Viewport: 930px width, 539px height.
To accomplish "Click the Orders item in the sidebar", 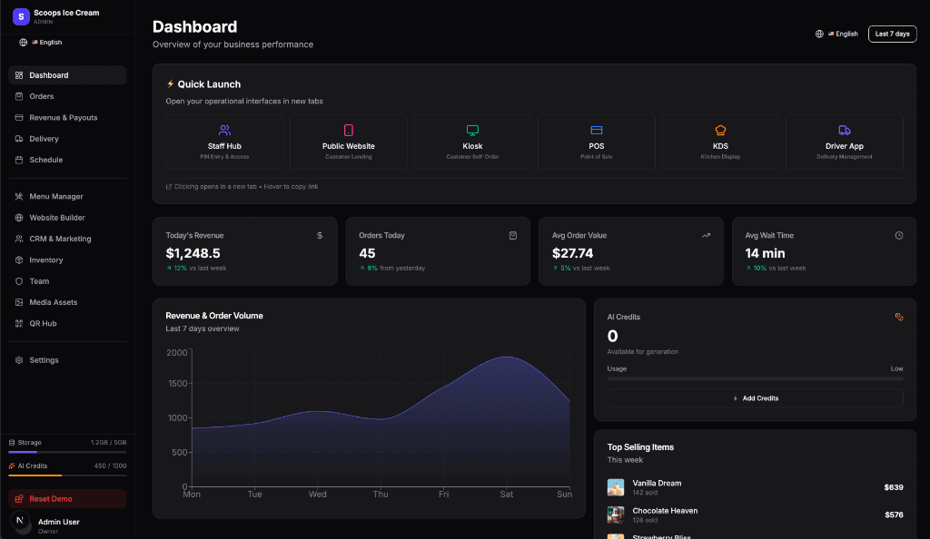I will (41, 96).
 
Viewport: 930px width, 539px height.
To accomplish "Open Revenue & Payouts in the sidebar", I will (63, 117).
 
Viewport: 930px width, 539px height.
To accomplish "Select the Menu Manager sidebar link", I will (55, 196).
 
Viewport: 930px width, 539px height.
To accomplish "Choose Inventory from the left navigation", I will (45, 260).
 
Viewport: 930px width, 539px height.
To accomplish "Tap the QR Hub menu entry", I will (43, 323).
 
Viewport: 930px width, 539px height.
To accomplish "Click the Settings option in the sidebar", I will (44, 360).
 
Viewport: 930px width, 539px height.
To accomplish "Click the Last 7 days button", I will (892, 34).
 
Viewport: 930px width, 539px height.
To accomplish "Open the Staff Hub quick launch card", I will (224, 142).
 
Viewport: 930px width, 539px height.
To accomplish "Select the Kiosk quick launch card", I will (472, 142).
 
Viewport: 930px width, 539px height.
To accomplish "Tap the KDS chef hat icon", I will (720, 131).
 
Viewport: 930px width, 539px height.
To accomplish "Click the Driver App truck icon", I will (844, 131).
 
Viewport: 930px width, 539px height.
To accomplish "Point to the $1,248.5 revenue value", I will (193, 253).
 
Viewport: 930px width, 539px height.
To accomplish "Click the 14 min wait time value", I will (765, 253).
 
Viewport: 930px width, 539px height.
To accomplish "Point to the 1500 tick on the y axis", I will (177, 384).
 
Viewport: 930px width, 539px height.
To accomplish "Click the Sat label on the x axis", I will (507, 495).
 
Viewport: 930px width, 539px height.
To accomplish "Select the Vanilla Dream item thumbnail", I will (616, 487).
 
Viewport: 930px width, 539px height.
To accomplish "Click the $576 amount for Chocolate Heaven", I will (894, 514).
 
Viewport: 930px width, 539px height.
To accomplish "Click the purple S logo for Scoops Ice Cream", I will (21, 15).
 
